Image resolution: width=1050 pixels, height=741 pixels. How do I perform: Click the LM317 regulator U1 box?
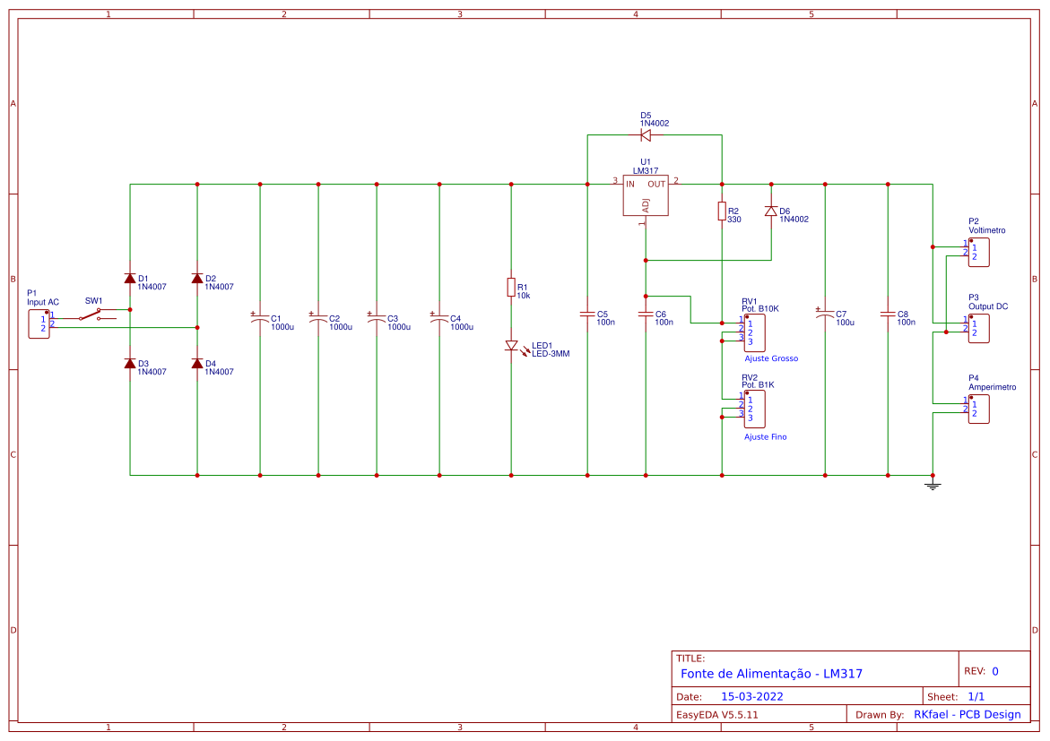tap(646, 195)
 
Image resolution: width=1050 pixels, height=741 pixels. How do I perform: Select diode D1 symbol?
tap(130, 279)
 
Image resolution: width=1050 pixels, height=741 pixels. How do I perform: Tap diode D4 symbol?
tap(197, 363)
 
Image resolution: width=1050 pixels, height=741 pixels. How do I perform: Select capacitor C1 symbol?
tap(260, 318)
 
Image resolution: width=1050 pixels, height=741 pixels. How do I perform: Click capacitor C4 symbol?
tap(439, 318)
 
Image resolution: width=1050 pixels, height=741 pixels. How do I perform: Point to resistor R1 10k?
tap(511, 288)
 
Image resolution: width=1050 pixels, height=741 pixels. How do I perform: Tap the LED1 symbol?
tap(511, 346)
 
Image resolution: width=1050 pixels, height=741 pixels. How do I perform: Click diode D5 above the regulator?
tap(645, 135)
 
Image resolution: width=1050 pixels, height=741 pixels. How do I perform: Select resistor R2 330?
tap(722, 211)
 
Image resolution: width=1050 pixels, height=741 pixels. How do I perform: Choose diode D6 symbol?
tap(770, 211)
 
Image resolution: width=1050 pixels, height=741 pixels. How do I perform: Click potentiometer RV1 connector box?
tap(753, 332)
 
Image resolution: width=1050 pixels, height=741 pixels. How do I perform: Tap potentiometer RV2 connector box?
tap(753, 409)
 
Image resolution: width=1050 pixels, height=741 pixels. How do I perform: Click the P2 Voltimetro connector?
tap(978, 252)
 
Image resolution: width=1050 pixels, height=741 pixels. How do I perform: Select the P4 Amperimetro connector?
tap(978, 409)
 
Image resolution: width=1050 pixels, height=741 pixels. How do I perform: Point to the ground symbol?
tap(933, 485)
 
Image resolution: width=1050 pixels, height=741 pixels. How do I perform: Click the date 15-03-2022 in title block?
tap(751, 696)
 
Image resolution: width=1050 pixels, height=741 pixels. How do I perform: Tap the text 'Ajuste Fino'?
tap(765, 437)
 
